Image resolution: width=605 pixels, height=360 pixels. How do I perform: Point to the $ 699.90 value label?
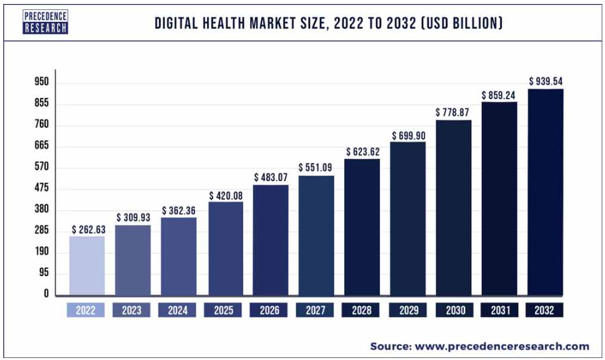pyautogui.click(x=408, y=136)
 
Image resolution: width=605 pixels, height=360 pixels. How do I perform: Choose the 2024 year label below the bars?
pyautogui.click(x=178, y=310)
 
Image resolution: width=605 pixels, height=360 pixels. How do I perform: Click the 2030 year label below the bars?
pyautogui.click(x=453, y=310)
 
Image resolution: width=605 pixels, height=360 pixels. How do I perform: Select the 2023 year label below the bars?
pyautogui.click(x=132, y=310)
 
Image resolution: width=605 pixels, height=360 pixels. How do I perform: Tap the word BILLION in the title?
pyautogui.click(x=474, y=23)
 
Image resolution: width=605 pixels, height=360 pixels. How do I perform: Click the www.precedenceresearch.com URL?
pyautogui.click(x=502, y=346)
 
